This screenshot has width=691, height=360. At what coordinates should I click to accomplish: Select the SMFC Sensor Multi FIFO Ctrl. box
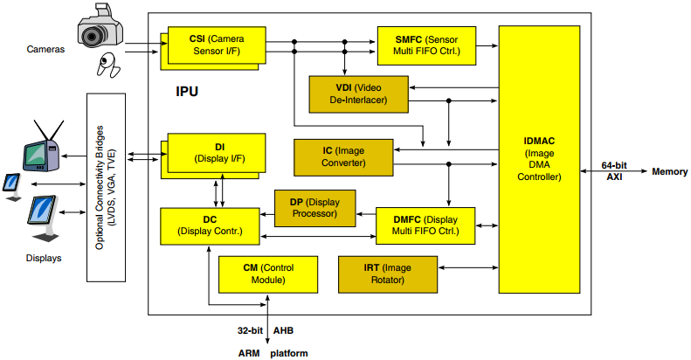click(x=426, y=45)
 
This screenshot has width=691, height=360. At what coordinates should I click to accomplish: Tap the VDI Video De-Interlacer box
click(x=358, y=94)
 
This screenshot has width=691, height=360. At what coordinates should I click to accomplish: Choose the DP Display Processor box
click(x=314, y=207)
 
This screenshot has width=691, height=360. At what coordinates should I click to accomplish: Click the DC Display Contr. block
click(x=210, y=225)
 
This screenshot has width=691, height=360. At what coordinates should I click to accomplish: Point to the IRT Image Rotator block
click(x=387, y=274)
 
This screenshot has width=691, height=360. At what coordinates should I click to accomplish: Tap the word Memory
click(x=669, y=171)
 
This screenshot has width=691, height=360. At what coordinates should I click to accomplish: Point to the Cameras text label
click(x=45, y=50)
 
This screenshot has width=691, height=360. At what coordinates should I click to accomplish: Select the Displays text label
click(x=44, y=259)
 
